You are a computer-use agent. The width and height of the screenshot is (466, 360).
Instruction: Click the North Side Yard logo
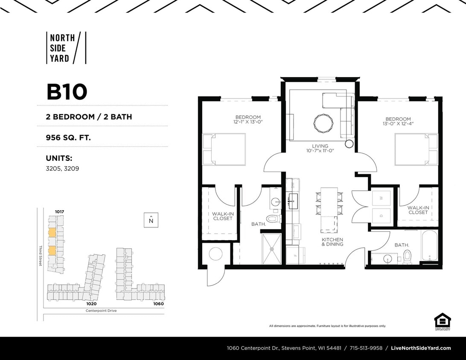pyautogui.click(x=66, y=48)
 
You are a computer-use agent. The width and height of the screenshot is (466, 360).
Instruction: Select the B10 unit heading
pyautogui.click(x=67, y=92)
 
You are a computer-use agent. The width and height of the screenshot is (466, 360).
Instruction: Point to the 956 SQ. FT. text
pyautogui.click(x=68, y=138)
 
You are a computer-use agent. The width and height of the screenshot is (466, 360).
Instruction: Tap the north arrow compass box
pyautogui.click(x=151, y=220)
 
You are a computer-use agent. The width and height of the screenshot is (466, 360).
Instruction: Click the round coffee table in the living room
pyautogui.click(x=323, y=123)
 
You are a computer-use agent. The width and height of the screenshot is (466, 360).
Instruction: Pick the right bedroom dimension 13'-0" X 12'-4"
pyautogui.click(x=398, y=124)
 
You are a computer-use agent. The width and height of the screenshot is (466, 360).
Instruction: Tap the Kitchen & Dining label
pyautogui.click(x=332, y=242)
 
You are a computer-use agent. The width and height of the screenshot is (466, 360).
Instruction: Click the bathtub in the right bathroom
pyautogui.click(x=429, y=246)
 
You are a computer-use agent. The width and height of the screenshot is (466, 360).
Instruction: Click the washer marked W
pyautogui.click(x=381, y=197)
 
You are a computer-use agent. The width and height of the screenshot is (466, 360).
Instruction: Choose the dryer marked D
pyautogui.click(x=381, y=215)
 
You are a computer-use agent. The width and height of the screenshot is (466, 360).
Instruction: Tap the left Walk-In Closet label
pyautogui.click(x=222, y=216)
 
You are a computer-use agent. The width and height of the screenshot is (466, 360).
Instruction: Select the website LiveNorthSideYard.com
pyautogui.click(x=421, y=348)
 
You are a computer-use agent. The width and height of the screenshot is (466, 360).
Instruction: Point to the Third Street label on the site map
pyautogui.click(x=41, y=256)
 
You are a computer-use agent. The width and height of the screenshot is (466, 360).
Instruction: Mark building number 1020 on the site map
pyautogui.click(x=91, y=304)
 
